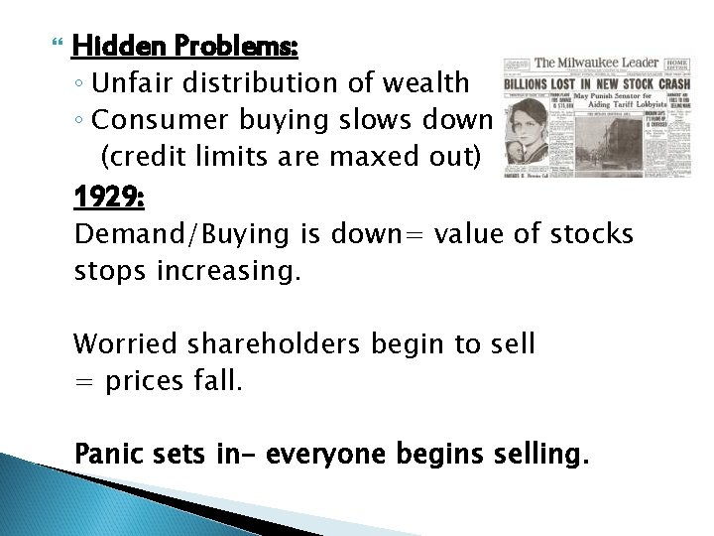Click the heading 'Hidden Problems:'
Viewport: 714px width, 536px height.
coord(185,48)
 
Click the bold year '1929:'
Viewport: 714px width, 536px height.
coord(110,198)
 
